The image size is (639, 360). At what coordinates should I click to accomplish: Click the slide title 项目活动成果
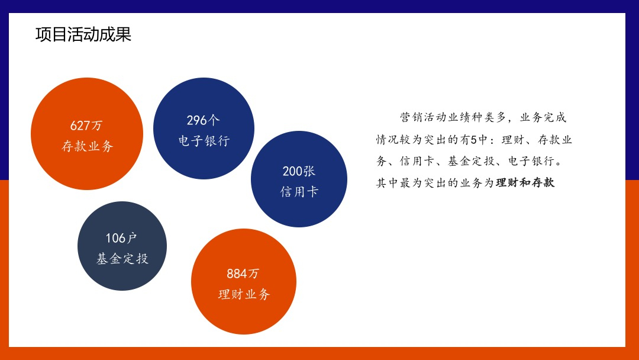point(83,34)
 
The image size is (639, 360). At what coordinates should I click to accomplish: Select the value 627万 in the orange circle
point(86,125)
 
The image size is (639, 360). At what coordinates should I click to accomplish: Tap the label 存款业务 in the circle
point(87,146)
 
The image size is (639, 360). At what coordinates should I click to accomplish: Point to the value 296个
point(203,120)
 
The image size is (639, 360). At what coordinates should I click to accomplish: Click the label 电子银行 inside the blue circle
point(204,141)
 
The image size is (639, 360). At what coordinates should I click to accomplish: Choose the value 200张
point(299,171)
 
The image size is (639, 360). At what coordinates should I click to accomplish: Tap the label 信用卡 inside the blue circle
point(299,191)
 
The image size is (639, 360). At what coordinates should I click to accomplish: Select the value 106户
point(121,237)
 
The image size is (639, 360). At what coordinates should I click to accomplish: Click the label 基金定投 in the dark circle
point(122,258)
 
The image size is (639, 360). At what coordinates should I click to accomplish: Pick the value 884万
point(243,273)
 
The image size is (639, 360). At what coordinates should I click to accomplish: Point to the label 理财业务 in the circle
point(244,294)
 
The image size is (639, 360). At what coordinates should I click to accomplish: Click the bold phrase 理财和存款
point(525,182)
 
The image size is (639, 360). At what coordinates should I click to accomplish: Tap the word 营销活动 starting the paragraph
point(424,117)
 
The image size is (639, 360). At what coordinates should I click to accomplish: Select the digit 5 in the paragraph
point(473,139)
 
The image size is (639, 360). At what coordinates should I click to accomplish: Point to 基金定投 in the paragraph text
point(471,161)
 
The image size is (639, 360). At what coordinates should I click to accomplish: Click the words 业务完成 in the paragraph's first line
point(543,117)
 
